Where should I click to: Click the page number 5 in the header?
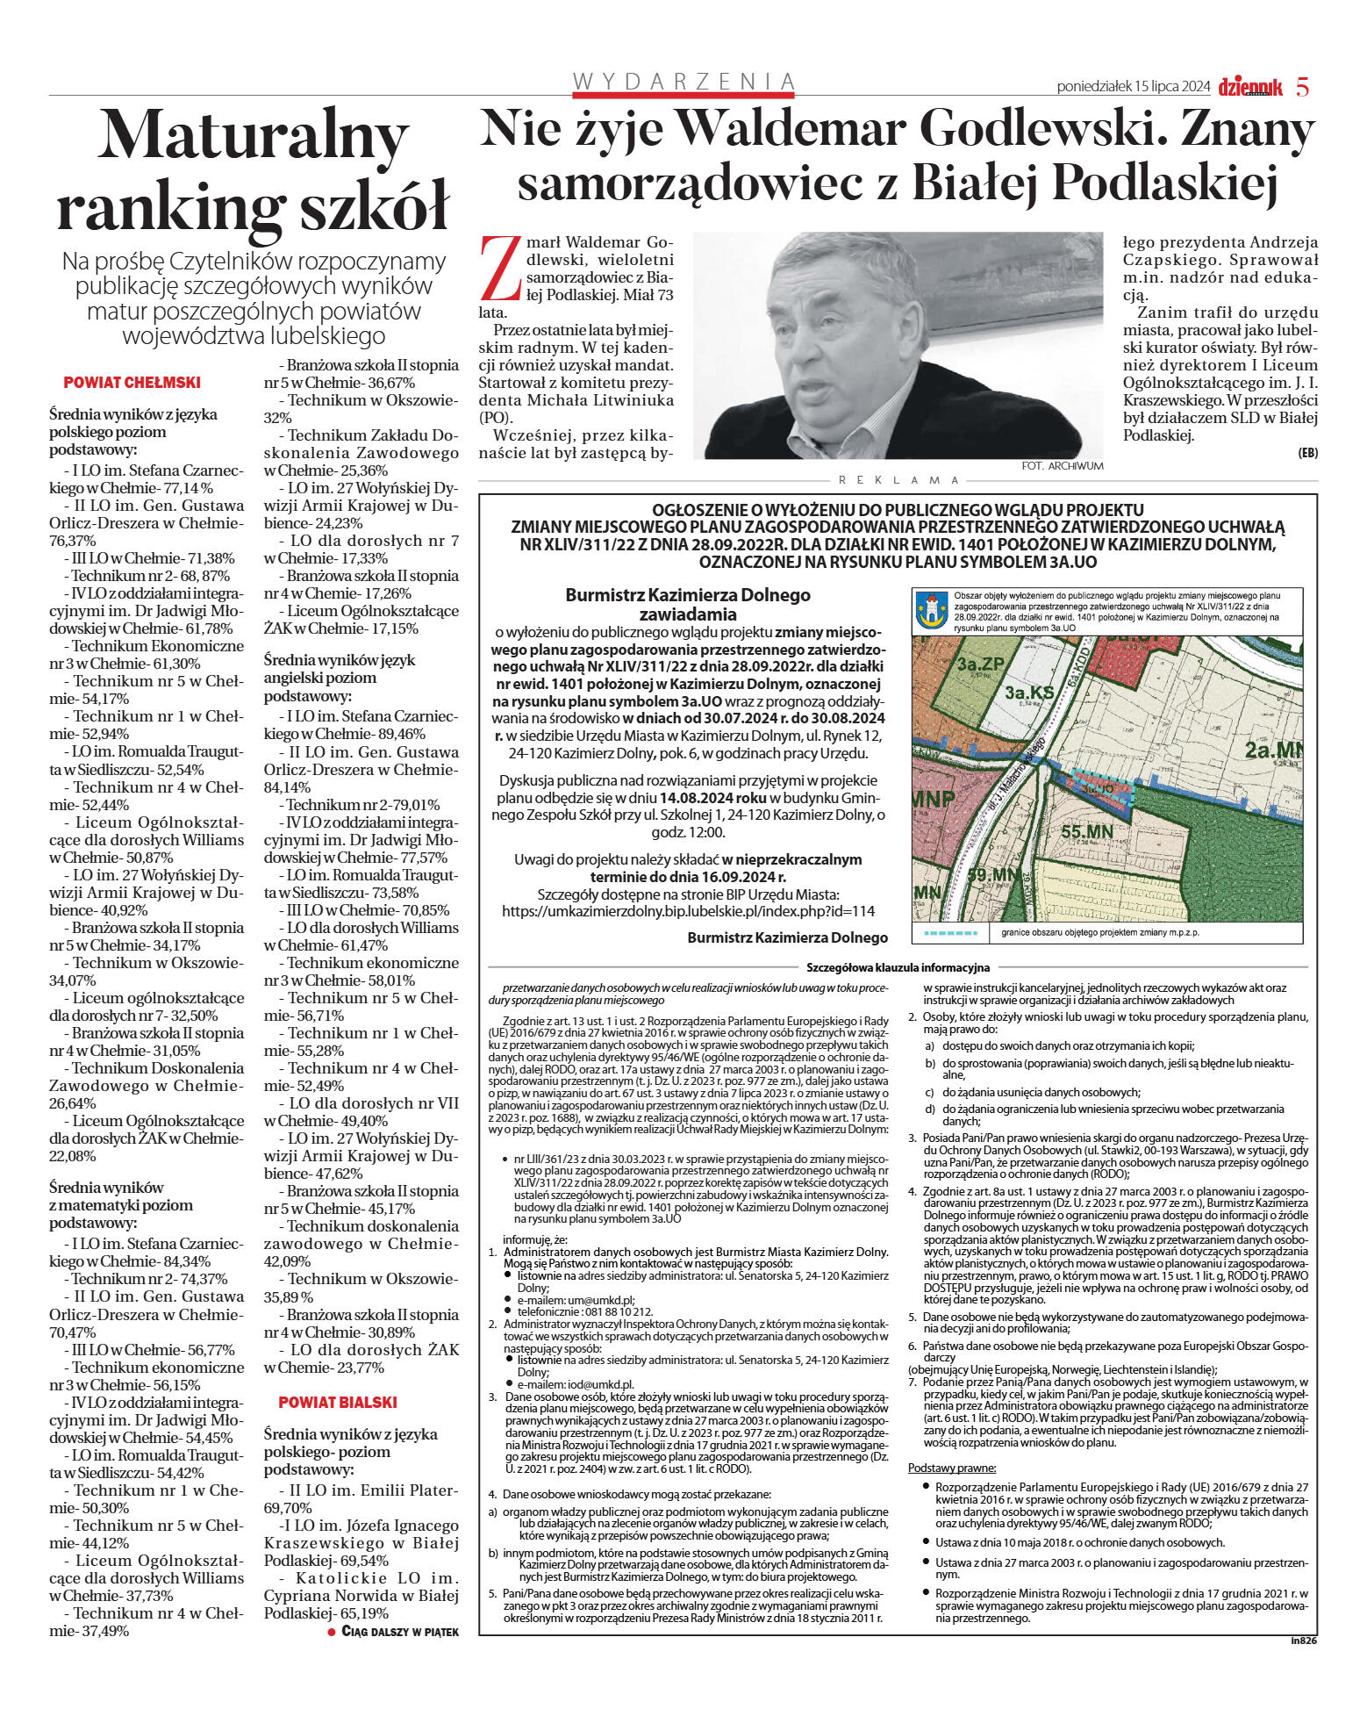(1303, 87)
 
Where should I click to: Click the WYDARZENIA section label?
(683, 82)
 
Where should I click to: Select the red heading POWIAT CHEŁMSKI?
(132, 383)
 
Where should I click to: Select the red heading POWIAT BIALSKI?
(338, 1402)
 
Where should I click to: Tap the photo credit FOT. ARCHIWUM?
(1063, 466)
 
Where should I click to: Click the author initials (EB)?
(1307, 453)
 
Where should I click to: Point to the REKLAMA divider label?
(899, 480)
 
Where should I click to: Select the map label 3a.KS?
(1029, 693)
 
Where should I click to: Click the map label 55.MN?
(1087, 830)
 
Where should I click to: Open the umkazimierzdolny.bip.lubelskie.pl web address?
(688, 911)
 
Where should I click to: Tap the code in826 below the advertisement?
(1304, 1640)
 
